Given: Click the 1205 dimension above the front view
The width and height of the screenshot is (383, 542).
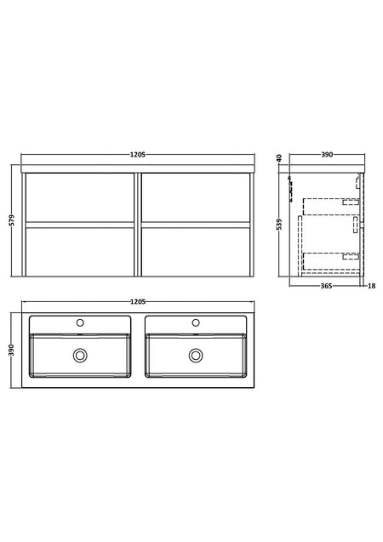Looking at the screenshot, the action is click(x=138, y=155).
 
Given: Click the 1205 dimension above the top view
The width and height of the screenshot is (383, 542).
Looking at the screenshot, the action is click(x=138, y=302).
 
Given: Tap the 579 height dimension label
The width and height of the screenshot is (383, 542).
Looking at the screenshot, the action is click(x=12, y=220).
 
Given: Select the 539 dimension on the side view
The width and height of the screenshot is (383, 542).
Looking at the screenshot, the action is click(x=280, y=224).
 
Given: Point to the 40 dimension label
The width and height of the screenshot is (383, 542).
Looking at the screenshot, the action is click(x=280, y=158).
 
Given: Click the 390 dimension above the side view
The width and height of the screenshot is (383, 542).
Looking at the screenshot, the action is click(x=327, y=155).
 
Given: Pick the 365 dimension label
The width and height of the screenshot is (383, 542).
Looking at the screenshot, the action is click(x=327, y=286).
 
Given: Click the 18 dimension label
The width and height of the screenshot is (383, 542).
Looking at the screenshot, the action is click(x=372, y=286).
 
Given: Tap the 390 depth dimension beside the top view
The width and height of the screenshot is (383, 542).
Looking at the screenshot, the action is click(x=12, y=350).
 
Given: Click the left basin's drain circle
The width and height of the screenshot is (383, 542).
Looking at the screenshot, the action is click(x=80, y=356).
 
